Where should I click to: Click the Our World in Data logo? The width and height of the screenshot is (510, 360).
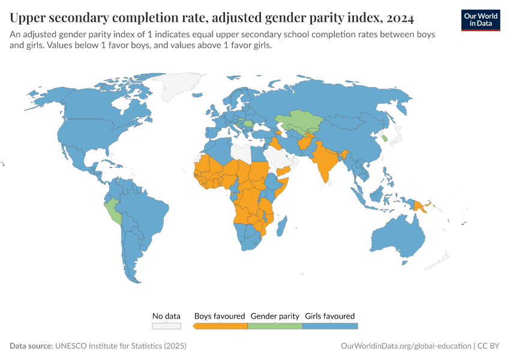pyautogui.click(x=481, y=20)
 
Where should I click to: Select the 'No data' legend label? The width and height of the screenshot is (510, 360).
pyautogui.click(x=166, y=316)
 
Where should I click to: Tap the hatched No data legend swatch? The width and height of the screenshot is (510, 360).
pyautogui.click(x=166, y=326)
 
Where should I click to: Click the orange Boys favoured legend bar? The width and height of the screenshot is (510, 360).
pyautogui.click(x=221, y=326)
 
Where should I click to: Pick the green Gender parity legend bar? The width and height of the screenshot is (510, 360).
pyautogui.click(x=275, y=326)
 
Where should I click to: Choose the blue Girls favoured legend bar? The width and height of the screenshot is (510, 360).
pyautogui.click(x=330, y=326)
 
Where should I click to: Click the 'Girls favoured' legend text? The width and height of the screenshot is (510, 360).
pyautogui.click(x=330, y=316)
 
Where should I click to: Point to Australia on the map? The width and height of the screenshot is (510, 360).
pyautogui.click(x=399, y=237)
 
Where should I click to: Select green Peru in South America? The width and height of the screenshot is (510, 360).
pyautogui.click(x=113, y=211)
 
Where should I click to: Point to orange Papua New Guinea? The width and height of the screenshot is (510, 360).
pyautogui.click(x=421, y=206)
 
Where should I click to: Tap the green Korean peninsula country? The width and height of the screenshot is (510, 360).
pyautogui.click(x=385, y=139)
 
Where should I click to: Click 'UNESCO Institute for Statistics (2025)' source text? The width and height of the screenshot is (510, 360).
pyautogui.click(x=121, y=346)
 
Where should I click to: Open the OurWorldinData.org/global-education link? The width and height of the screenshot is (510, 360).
pyautogui.click(x=405, y=346)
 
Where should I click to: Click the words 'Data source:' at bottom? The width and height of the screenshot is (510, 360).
pyautogui.click(x=31, y=346)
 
